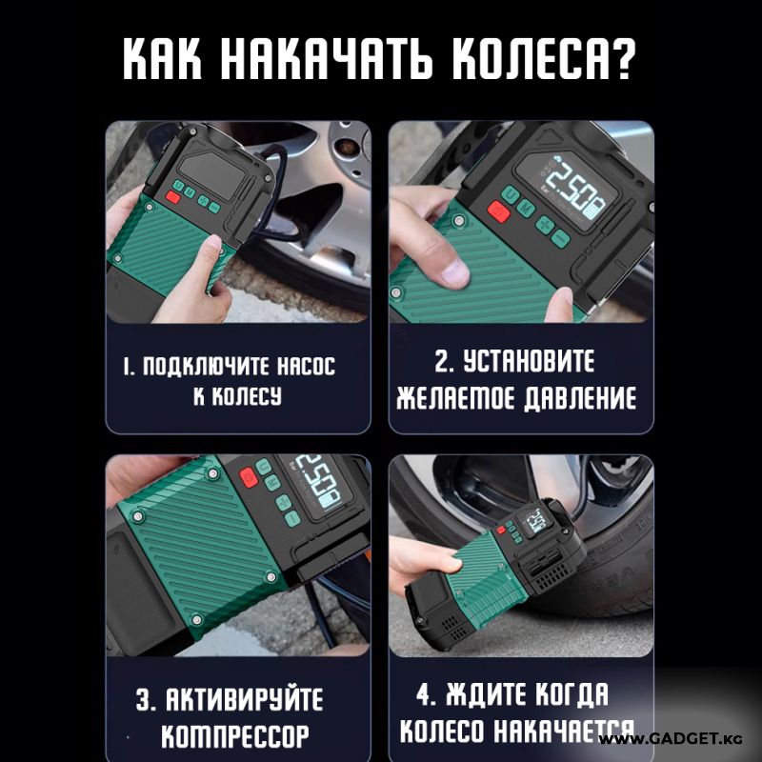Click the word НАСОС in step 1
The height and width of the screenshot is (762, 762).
click(306, 366)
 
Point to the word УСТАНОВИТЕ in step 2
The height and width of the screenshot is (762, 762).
click(529, 362)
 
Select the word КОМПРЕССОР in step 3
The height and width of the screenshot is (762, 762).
click(235, 735)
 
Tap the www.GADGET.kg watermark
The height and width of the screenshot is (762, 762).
click(671, 739)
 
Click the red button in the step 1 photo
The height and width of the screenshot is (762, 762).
click(173, 197)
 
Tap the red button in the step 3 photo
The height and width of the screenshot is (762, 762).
click(248, 478)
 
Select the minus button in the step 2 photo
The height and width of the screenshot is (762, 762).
click(561, 237)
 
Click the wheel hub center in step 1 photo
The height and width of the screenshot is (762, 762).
click(347, 146)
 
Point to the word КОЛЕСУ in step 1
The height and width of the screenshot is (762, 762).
click(237, 396)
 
